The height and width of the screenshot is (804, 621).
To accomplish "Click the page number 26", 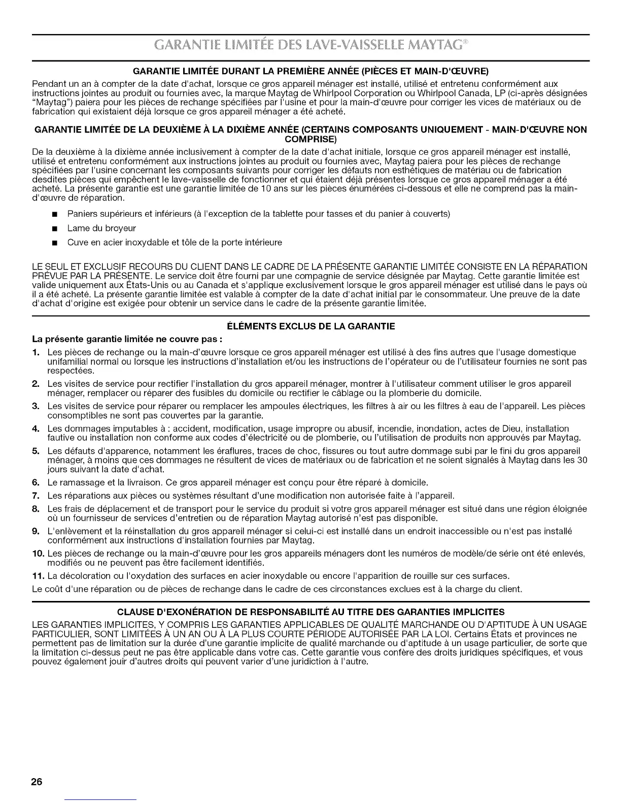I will point(36,782).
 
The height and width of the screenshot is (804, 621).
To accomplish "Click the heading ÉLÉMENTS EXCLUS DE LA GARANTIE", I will point(310,326).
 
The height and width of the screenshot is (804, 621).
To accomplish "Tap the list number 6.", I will point(36,482).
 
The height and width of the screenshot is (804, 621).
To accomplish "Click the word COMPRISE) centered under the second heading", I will point(310,139).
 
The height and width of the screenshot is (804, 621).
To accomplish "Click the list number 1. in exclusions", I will point(36,353).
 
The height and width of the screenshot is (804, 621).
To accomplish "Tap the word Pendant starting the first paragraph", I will point(48,84).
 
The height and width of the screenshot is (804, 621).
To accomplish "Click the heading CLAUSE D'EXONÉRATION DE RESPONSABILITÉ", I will point(310,612).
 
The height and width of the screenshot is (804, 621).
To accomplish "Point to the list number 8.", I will point(36,509).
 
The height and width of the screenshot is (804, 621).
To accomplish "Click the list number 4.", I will point(36,429).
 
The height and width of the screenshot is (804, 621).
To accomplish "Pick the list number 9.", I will point(36,531).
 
